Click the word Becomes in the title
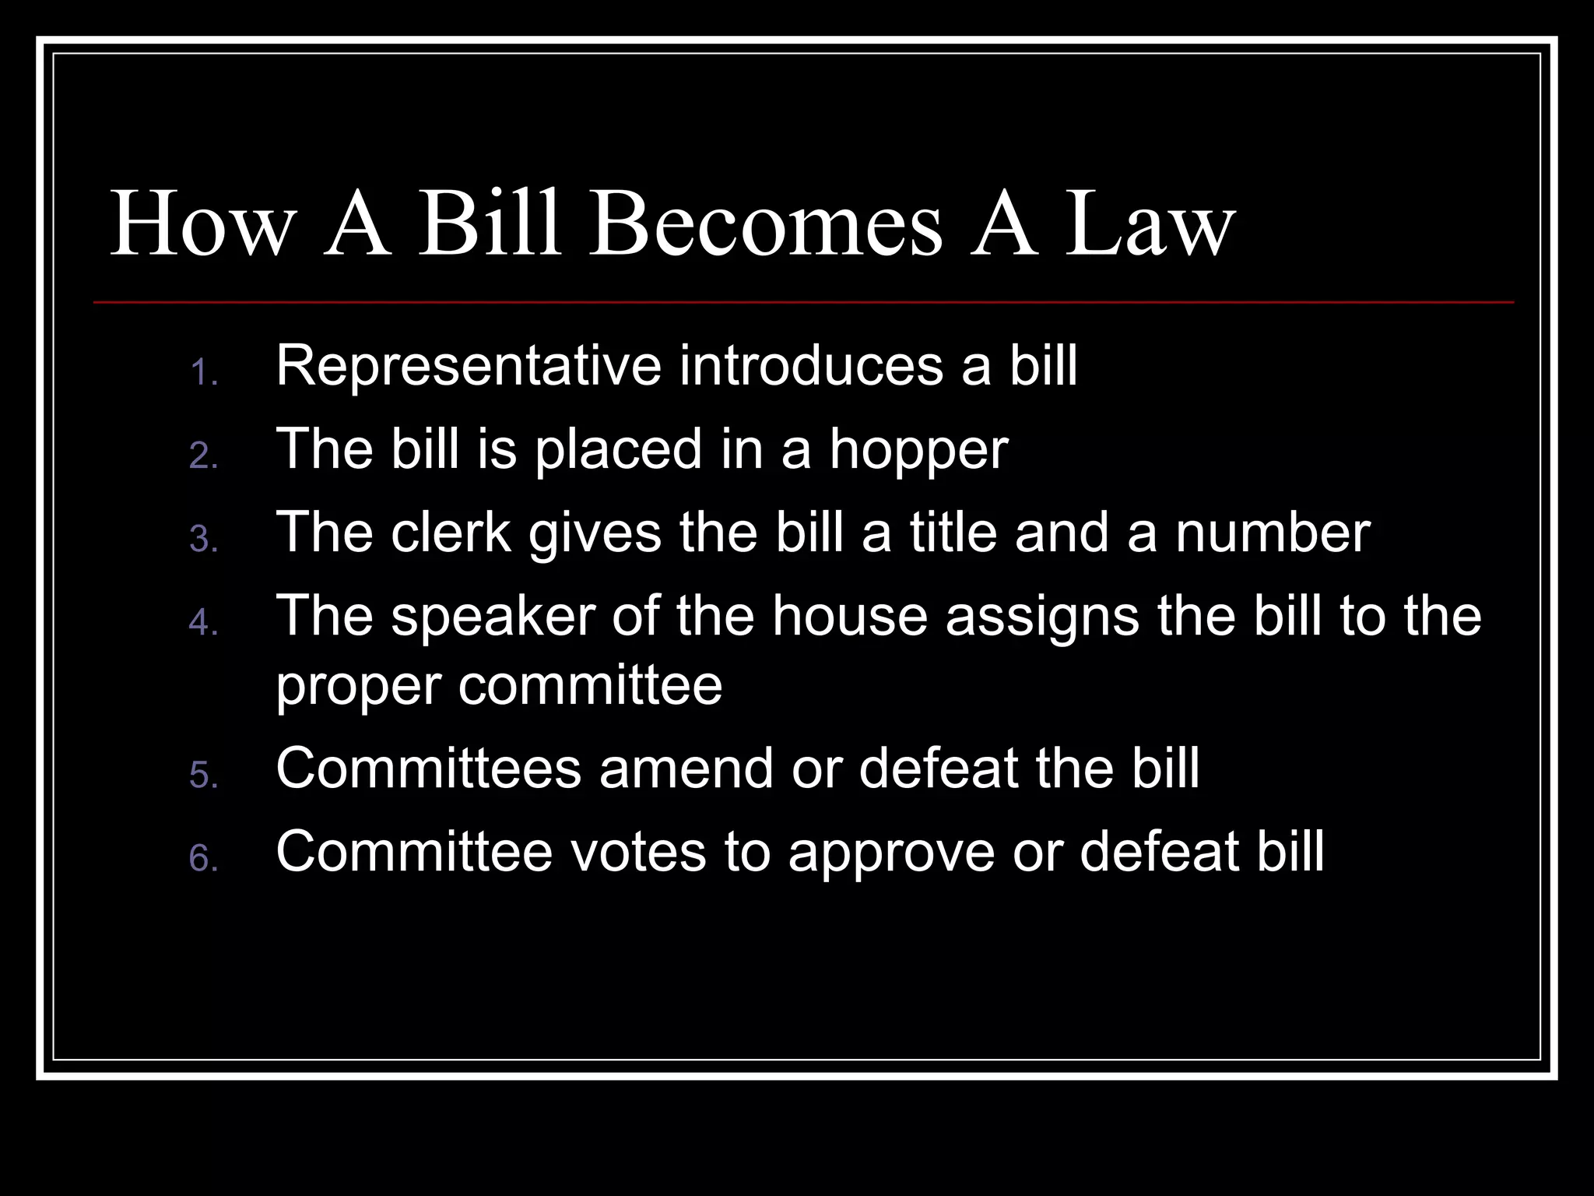coord(766,227)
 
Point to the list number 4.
coord(202,623)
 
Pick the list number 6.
coord(202,860)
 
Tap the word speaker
coord(493,617)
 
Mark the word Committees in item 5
coord(428,769)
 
